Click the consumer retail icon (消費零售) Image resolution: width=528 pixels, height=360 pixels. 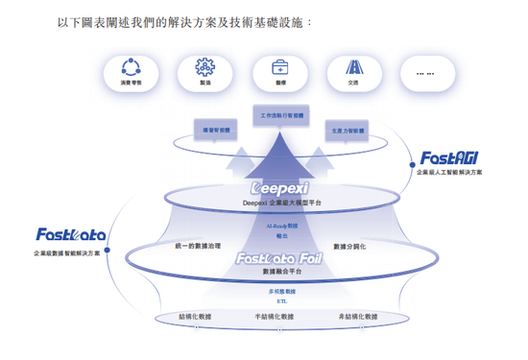[x=130, y=68]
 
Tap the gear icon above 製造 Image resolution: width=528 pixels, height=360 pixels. [x=204, y=68]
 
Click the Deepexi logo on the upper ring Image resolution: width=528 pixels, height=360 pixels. [x=279, y=188]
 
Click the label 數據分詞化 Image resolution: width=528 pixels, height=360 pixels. [x=351, y=247]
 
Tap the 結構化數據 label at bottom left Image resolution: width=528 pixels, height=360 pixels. [x=197, y=316]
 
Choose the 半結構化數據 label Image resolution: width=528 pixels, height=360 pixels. [x=275, y=316]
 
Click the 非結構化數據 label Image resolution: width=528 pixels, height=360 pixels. [x=357, y=316]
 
